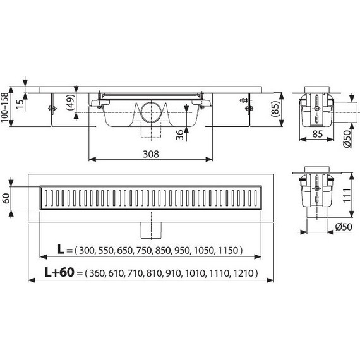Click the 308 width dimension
click(x=150, y=153)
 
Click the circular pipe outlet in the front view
click(x=150, y=114)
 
